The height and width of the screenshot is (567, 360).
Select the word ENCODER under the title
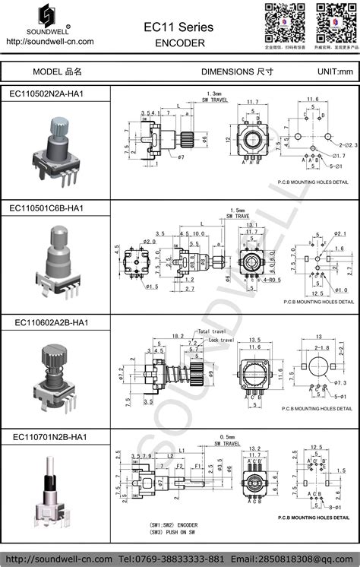(179, 43)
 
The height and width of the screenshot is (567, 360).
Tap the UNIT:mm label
(335, 71)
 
